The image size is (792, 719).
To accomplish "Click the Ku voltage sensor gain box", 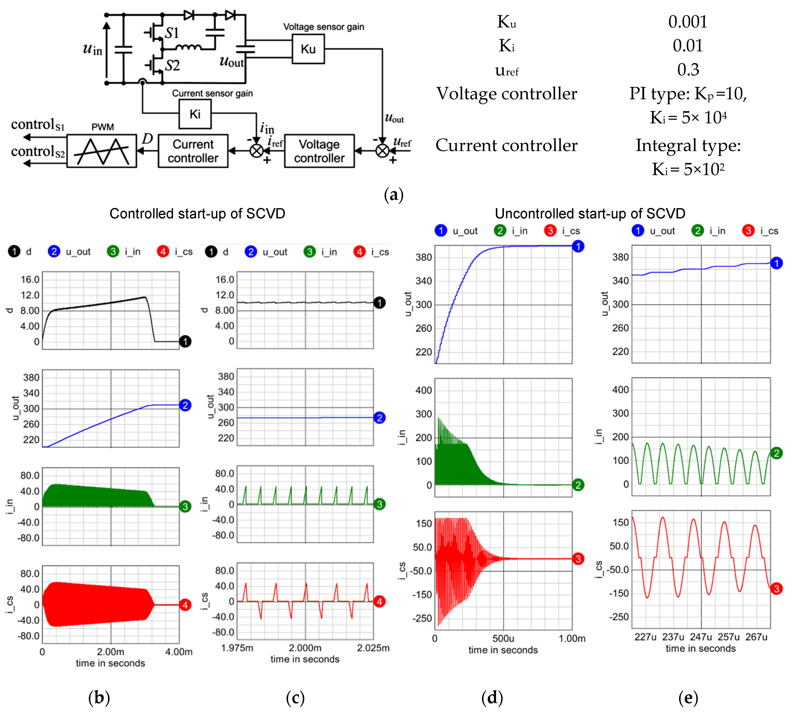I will coord(308,49).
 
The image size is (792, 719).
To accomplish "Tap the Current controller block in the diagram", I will coord(193,151).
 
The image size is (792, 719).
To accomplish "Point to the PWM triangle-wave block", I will coord(102,151).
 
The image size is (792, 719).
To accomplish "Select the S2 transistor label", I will coord(172,65).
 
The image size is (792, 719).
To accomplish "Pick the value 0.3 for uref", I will coord(688,69).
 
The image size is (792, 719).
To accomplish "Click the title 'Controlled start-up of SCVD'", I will coord(197,214).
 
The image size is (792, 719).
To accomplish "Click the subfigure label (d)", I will coord(492,698).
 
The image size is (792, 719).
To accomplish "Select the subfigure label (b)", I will coord(99,698).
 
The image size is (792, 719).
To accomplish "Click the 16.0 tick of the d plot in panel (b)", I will coord(30,280).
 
